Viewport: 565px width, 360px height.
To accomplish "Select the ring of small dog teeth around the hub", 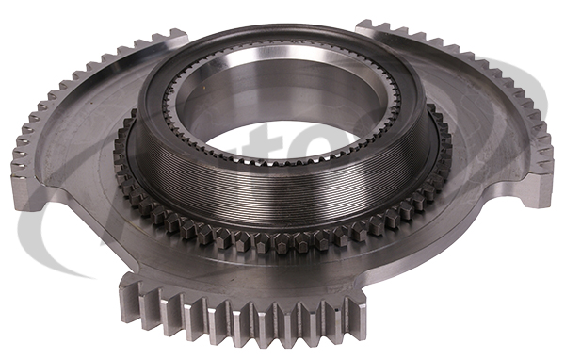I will (x=282, y=237).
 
